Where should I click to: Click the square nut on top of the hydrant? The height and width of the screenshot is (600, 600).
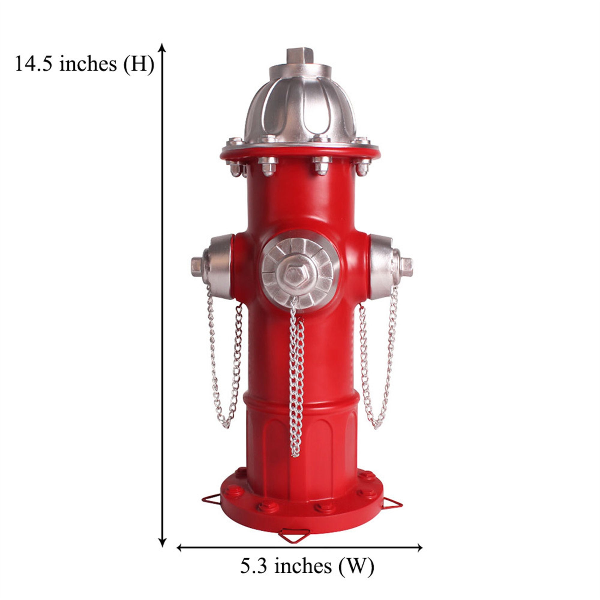(300, 56)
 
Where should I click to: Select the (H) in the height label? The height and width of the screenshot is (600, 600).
(139, 64)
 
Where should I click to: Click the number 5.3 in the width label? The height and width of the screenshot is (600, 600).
(254, 566)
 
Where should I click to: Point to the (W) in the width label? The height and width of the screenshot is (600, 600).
(356, 566)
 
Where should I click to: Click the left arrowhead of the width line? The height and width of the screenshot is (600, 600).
(179, 547)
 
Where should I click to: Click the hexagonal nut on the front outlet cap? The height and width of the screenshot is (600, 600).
(293, 274)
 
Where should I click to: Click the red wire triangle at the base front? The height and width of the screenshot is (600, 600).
(294, 535)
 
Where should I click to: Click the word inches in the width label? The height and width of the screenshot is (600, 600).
(303, 566)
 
